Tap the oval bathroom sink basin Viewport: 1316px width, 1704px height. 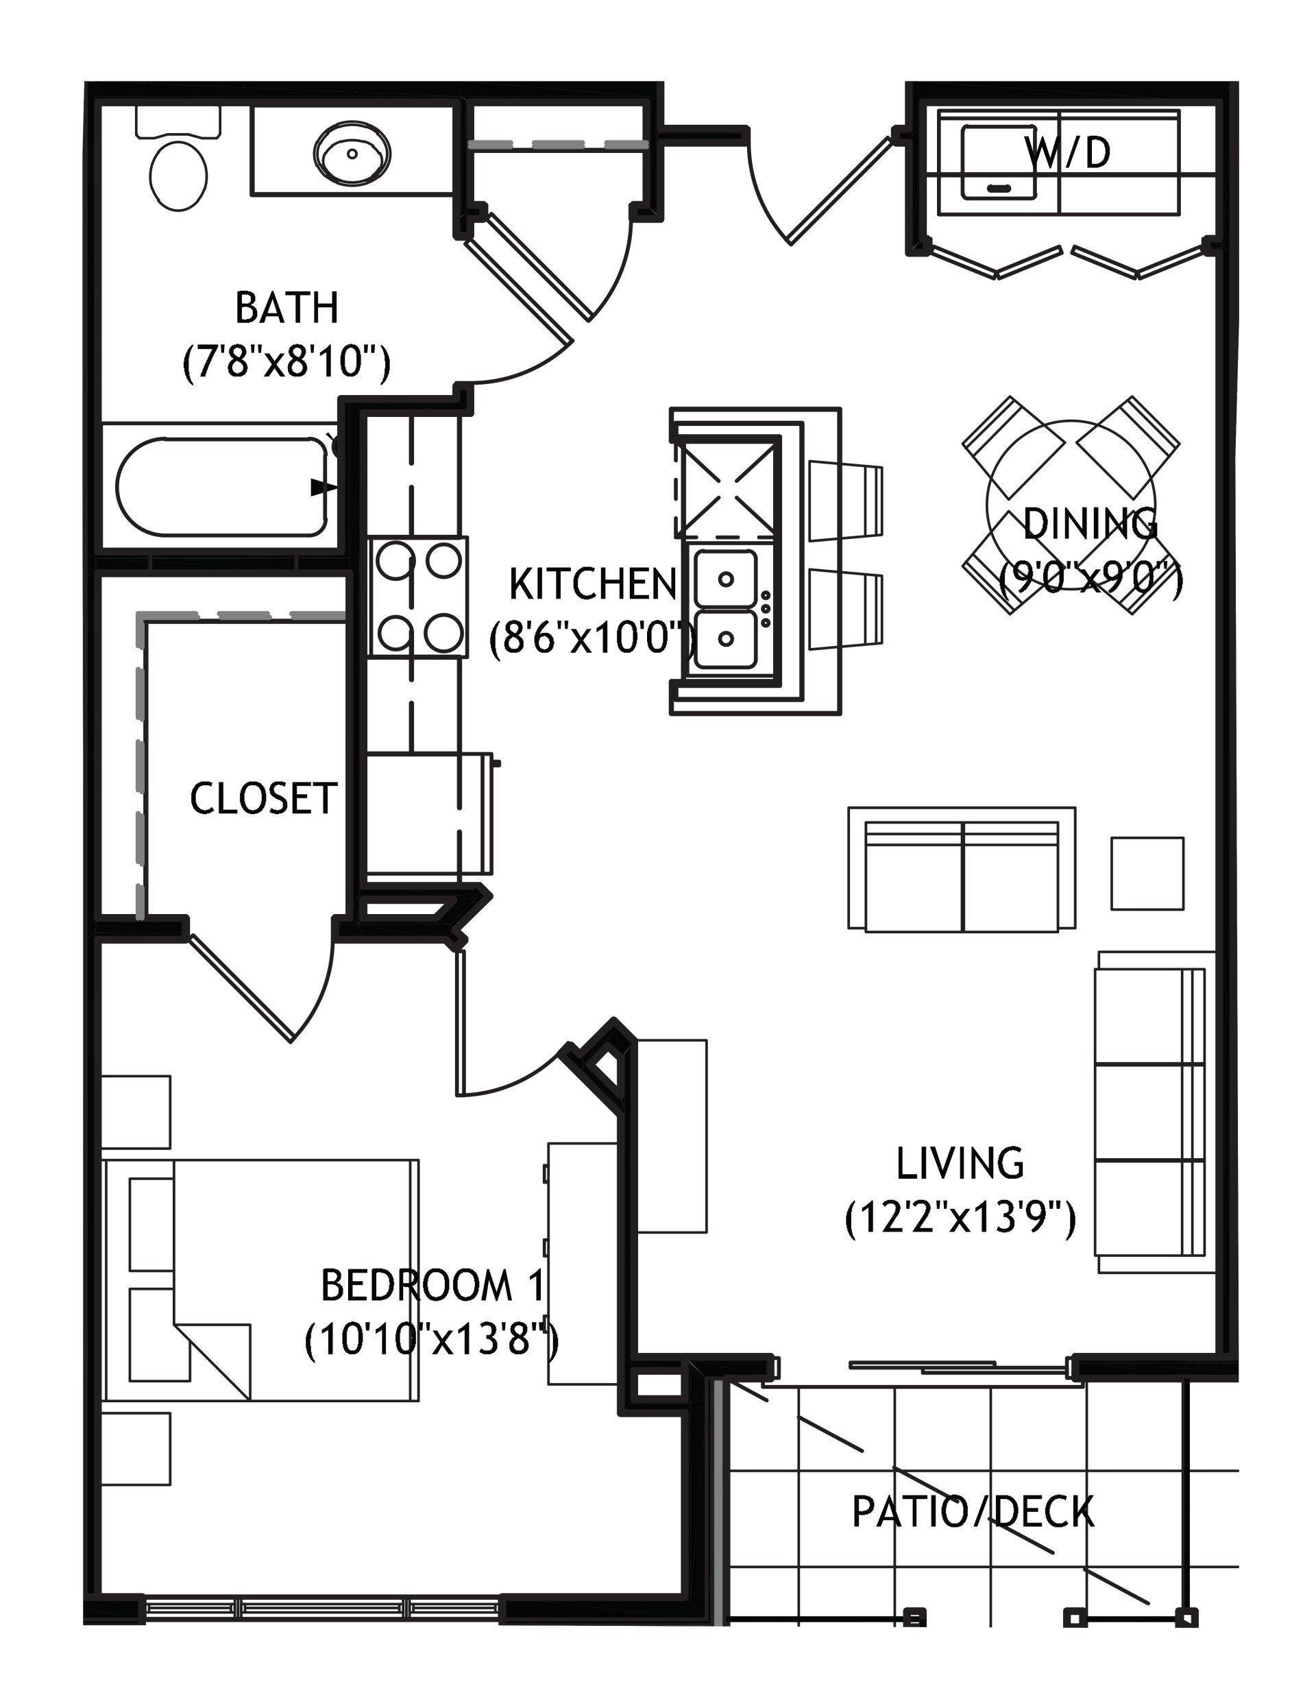(x=352, y=152)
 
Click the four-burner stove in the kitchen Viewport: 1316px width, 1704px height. (x=419, y=597)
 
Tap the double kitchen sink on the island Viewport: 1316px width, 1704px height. (x=727, y=609)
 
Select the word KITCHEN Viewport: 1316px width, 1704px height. (x=592, y=584)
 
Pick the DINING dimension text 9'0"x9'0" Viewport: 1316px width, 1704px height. (x=1091, y=579)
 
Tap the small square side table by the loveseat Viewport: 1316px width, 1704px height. (x=1147, y=873)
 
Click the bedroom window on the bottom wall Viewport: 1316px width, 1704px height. (x=321, y=1607)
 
